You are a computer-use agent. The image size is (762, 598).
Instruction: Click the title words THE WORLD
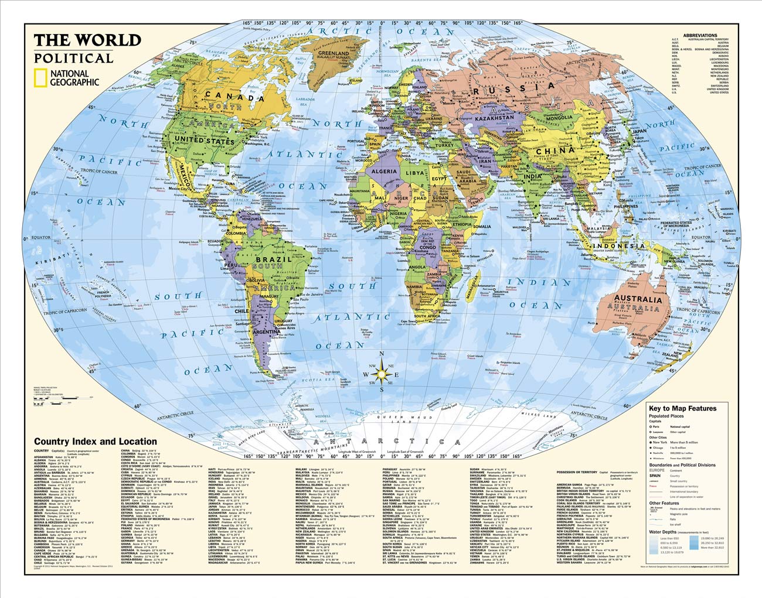(x=87, y=40)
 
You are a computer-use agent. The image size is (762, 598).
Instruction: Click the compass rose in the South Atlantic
(x=382, y=374)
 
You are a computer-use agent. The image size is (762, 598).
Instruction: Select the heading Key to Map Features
(x=682, y=408)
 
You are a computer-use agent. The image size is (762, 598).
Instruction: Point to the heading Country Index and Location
(x=96, y=442)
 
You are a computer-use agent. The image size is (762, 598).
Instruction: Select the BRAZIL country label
(x=277, y=258)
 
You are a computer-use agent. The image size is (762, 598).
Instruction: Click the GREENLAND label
(x=332, y=53)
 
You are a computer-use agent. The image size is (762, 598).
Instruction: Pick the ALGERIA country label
(x=385, y=172)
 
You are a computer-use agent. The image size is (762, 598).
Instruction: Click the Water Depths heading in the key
(x=665, y=532)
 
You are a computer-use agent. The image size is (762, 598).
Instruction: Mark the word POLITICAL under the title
(x=73, y=59)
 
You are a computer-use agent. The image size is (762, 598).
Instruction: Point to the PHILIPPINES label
(x=625, y=206)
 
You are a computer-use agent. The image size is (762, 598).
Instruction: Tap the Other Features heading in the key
(x=664, y=503)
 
